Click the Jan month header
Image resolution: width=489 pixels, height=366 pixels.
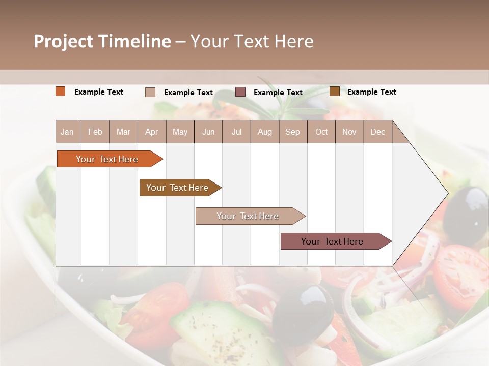[x=67, y=132]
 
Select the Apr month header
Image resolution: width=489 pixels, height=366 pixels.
[x=151, y=132]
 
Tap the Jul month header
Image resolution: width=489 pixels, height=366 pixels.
[x=236, y=132]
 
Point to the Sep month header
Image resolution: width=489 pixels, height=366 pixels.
[x=292, y=132]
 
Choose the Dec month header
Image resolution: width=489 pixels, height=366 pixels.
[x=377, y=132]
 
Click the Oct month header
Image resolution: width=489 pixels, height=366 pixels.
[x=321, y=132]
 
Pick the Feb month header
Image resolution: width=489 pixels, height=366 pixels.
[x=95, y=132]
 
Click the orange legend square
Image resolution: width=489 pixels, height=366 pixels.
[x=61, y=91]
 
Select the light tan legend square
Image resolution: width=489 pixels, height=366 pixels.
[x=150, y=92]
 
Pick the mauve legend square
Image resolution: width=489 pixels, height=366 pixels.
[x=240, y=92]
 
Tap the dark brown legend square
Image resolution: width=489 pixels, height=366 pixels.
[x=334, y=91]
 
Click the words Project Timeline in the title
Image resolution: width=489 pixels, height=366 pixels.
[x=102, y=41]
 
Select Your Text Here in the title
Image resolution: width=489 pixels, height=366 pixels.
[x=252, y=41]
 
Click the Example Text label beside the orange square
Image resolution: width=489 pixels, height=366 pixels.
[x=99, y=92]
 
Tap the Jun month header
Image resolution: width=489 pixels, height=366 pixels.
[x=208, y=132]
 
